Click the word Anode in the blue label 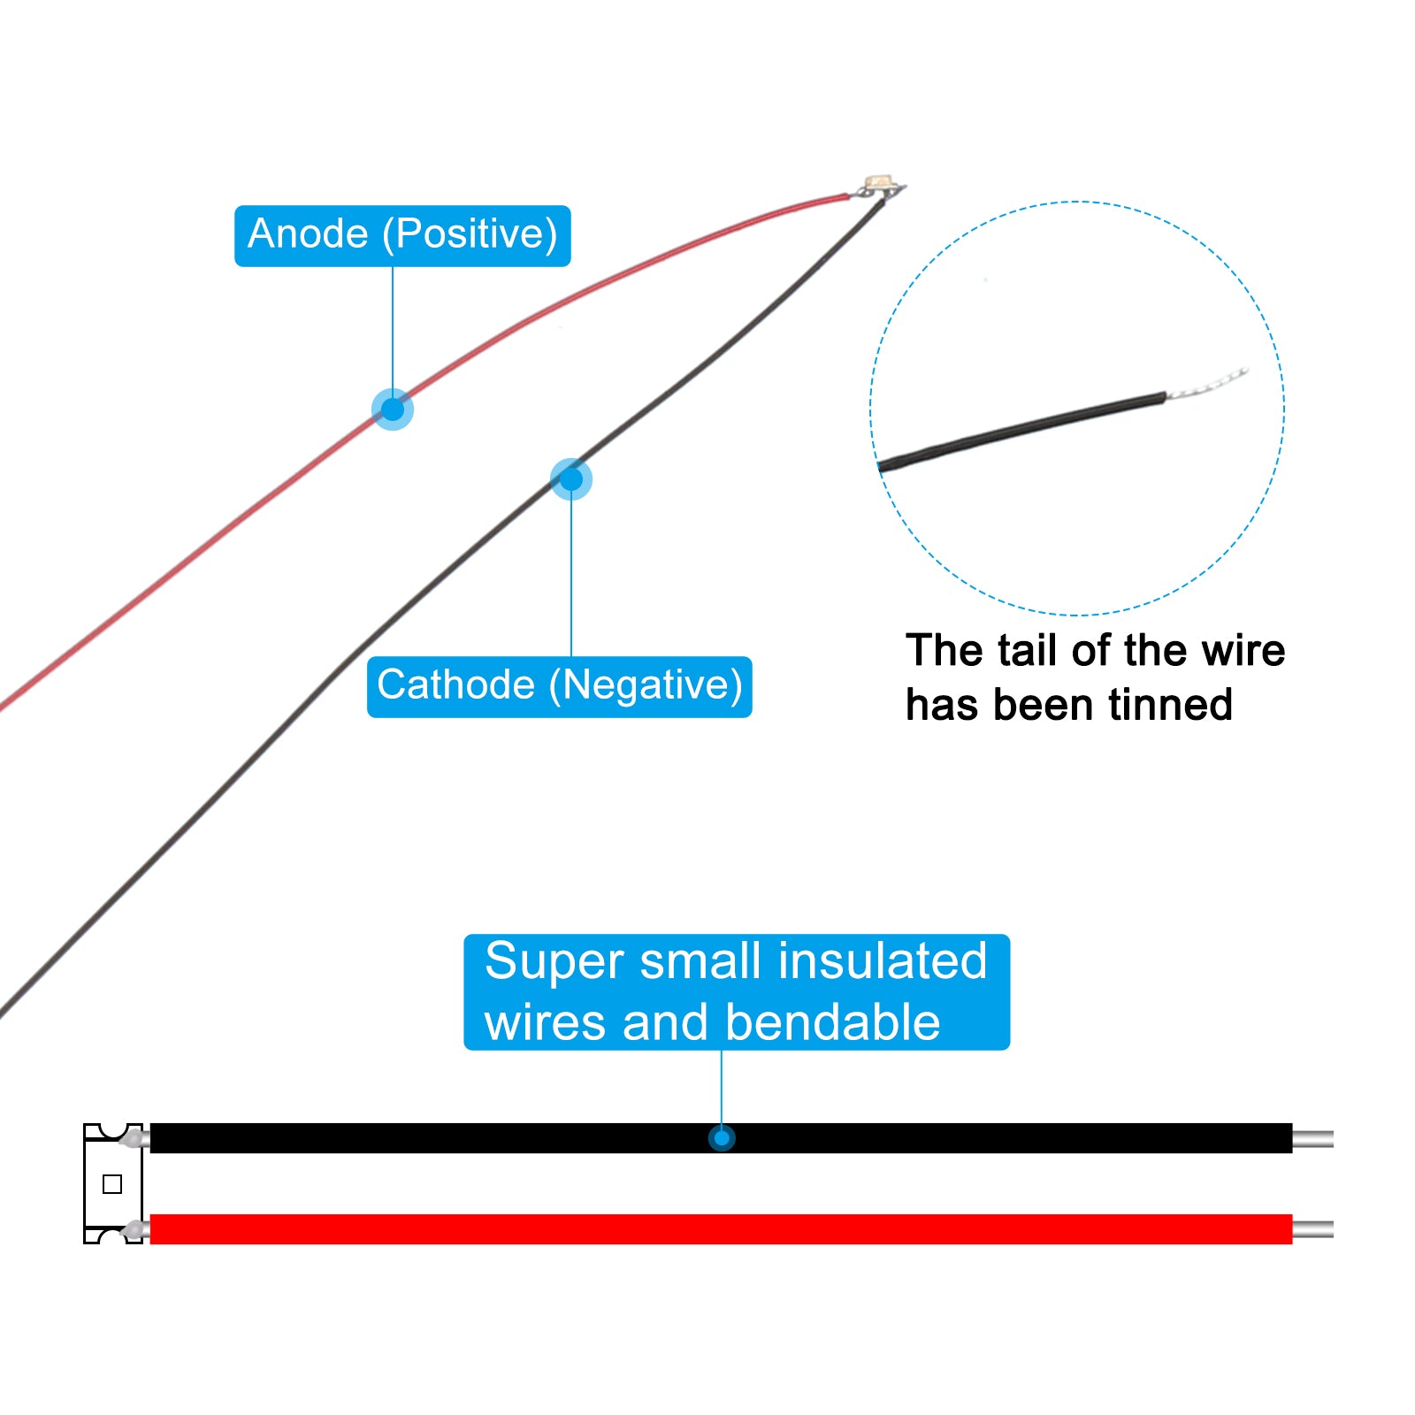[x=308, y=234]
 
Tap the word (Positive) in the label [x=470, y=235]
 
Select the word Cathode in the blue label [x=455, y=685]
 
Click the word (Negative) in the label [x=646, y=686]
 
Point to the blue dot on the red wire [x=393, y=409]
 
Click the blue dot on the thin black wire [x=571, y=479]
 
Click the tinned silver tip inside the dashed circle [x=1207, y=384]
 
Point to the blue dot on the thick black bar [x=722, y=1138]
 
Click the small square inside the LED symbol [x=112, y=1184]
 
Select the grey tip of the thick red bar [x=1313, y=1229]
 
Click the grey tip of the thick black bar [x=1313, y=1138]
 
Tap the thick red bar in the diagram [x=721, y=1229]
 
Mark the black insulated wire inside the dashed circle [x=1022, y=431]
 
